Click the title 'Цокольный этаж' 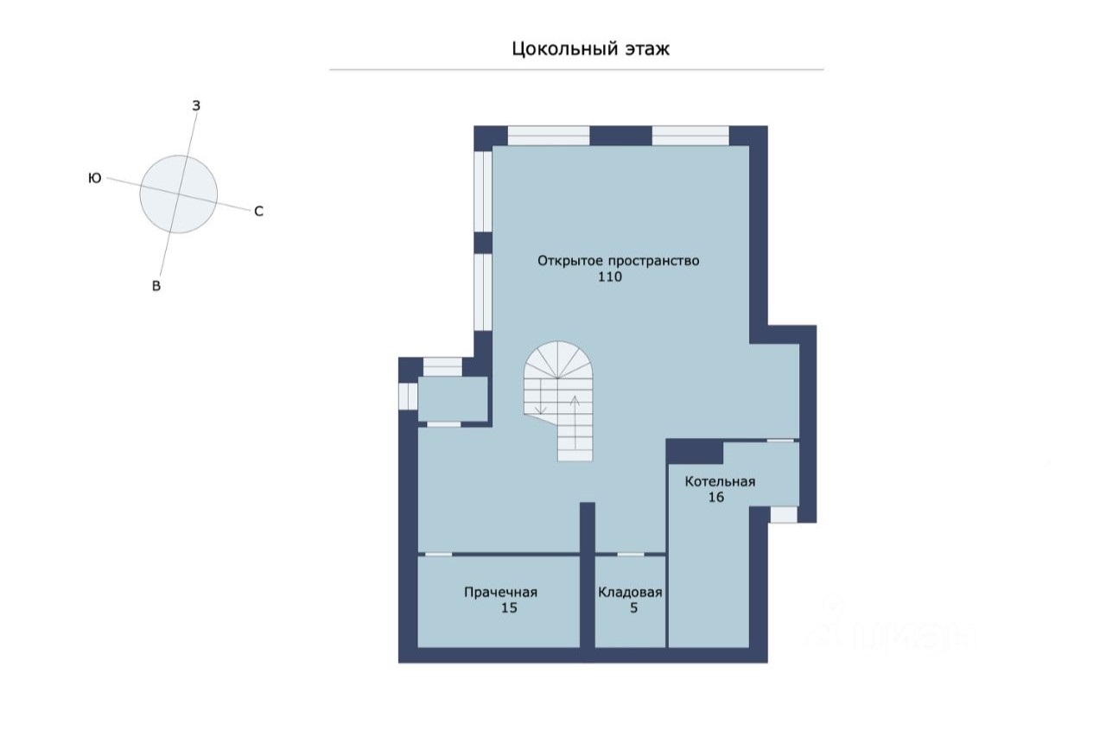pos(590,49)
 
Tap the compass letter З pos(196,105)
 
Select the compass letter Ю pos(95,178)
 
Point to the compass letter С pos(258,212)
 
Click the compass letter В pos(156,286)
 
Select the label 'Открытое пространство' pos(618,261)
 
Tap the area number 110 pos(610,277)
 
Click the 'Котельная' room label pos(720,481)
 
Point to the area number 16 pos(716,497)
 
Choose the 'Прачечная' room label pos(500,592)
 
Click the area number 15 pos(509,607)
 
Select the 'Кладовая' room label pos(630,592)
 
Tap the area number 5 pos(634,607)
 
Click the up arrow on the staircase pos(575,422)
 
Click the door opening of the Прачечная pos(438,554)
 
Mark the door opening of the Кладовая pos(631,554)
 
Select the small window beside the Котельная pos(784,515)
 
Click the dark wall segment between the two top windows pos(620,136)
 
